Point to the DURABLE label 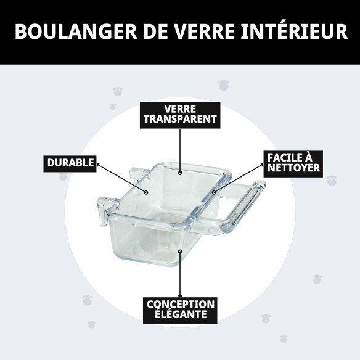[x=71, y=163]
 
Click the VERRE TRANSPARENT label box [x=179, y=115]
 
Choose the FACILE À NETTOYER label [x=293, y=163]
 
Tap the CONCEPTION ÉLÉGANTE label [x=180, y=311]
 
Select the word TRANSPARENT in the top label [x=179, y=120]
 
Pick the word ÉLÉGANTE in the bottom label [x=180, y=316]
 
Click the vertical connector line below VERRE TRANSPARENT [x=179, y=148]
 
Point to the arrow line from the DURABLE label [x=120, y=177]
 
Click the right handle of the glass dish [x=244, y=207]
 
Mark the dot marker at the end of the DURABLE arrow [x=146, y=192]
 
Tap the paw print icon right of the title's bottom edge [x=223, y=85]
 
